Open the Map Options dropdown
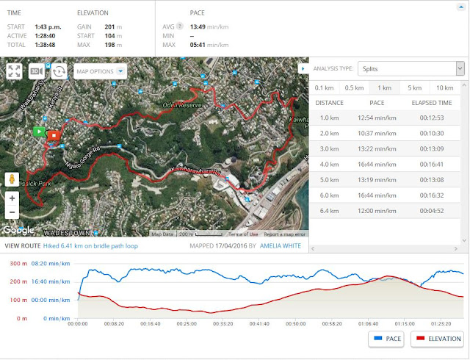tap(100, 71)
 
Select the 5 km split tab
tap(414, 87)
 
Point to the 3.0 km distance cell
tap(329, 149)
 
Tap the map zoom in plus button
tap(12, 198)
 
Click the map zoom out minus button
tap(12, 212)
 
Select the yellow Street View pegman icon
tap(12, 179)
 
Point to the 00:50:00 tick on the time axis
tap(295, 323)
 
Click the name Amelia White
tap(281, 245)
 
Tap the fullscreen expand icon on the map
tap(14, 71)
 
